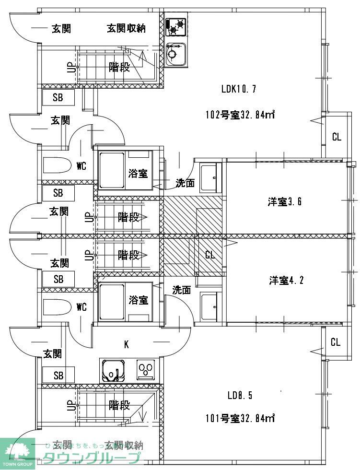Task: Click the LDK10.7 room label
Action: [239, 89]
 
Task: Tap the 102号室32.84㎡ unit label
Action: [239, 115]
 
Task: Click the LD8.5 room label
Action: [240, 396]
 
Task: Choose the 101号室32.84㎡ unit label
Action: [239, 418]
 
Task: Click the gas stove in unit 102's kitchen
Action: [175, 26]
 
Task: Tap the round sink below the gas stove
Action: [175, 53]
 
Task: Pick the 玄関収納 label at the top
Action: [126, 29]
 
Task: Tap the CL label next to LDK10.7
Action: [337, 137]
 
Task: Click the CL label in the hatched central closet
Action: [210, 255]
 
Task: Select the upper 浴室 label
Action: [138, 174]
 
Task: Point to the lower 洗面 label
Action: [182, 290]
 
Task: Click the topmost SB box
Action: [58, 97]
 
